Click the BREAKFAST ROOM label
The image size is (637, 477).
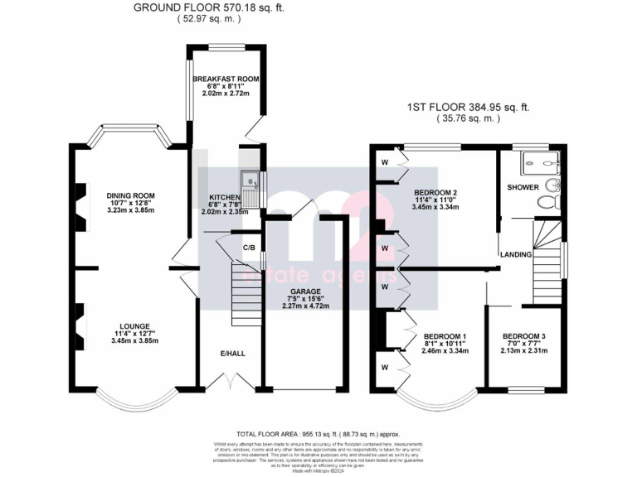point(226,79)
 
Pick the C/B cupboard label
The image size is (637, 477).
point(248,247)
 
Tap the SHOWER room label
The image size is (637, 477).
point(523,187)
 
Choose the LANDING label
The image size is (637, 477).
point(515,253)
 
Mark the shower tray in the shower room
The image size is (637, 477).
point(536,164)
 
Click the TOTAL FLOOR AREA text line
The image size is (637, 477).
point(318,433)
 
